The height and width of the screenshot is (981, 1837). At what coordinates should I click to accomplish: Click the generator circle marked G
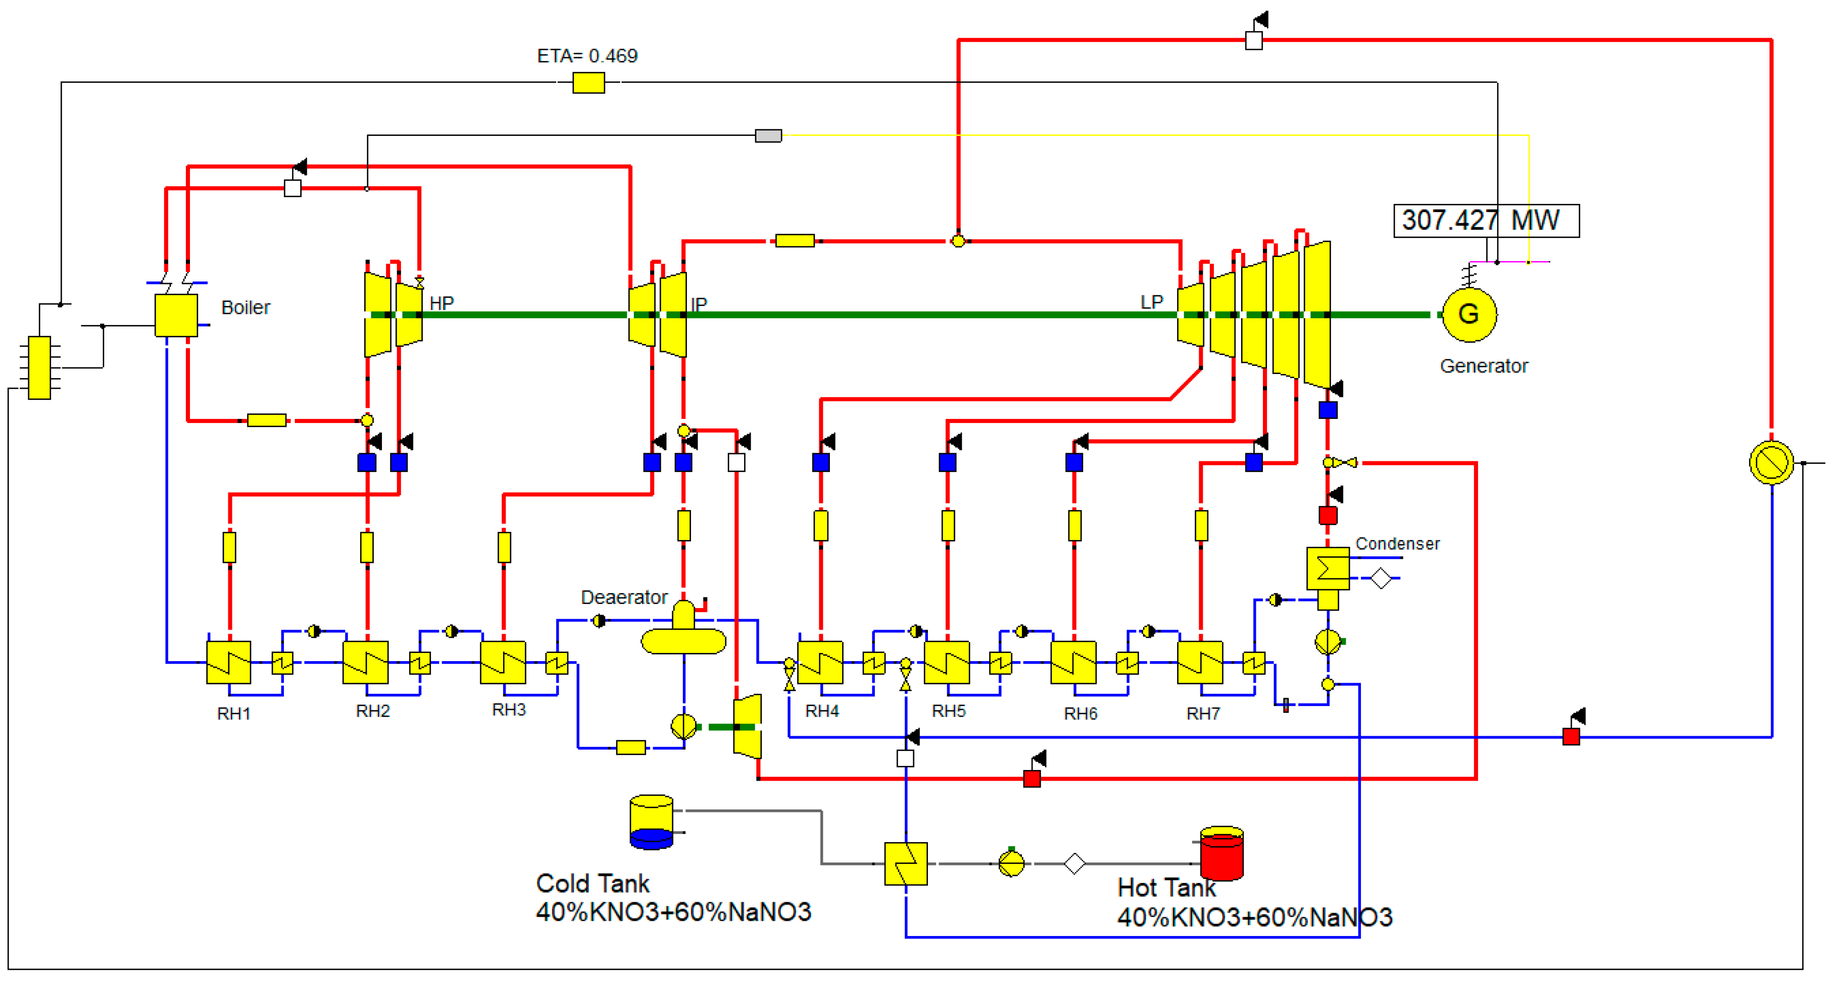point(1468,315)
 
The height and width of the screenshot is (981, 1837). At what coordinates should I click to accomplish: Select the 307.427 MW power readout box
point(1486,220)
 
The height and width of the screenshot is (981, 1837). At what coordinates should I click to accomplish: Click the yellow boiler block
point(176,315)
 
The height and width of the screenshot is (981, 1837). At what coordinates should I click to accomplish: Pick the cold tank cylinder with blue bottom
point(651,822)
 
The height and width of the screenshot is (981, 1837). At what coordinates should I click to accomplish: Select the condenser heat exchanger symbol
point(1327,568)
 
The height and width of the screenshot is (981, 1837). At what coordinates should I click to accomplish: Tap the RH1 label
point(234,713)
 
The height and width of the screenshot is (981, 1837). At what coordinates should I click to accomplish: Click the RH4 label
point(822,711)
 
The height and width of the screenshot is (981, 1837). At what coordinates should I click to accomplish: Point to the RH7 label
point(1203,713)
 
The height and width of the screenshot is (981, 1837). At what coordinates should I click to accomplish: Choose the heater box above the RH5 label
point(946,662)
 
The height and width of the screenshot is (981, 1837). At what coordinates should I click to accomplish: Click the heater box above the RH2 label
point(366,662)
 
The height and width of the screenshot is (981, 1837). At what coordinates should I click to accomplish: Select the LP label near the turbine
point(1152,302)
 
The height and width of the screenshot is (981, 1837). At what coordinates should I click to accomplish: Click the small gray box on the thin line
point(768,135)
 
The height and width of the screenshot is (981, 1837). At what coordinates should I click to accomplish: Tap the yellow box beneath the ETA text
point(588,83)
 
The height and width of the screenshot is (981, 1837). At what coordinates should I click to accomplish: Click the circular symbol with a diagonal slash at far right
point(1772,462)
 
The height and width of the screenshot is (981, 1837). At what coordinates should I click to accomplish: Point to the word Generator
point(1484,366)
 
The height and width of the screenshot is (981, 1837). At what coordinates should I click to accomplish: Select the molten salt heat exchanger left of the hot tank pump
point(905,863)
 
